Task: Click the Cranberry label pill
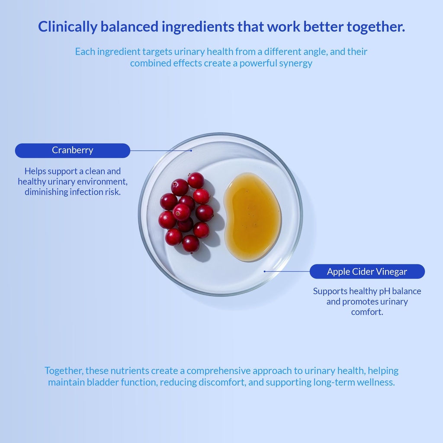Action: coord(73,151)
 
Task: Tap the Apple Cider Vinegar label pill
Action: coord(367,272)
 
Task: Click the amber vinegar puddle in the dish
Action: coord(252,217)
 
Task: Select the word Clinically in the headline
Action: coord(67,27)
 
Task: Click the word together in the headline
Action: coord(376,27)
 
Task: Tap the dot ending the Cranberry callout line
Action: coord(191,151)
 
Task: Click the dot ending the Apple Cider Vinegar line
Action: coord(264,272)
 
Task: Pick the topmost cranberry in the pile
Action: coord(196,180)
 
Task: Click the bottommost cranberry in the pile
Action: coord(191,244)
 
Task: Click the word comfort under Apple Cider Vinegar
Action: coord(367,312)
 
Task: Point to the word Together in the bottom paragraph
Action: coord(64,371)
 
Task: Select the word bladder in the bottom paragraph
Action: coord(103,382)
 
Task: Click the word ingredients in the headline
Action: coord(198,27)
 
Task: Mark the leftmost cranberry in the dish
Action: coord(167,220)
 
